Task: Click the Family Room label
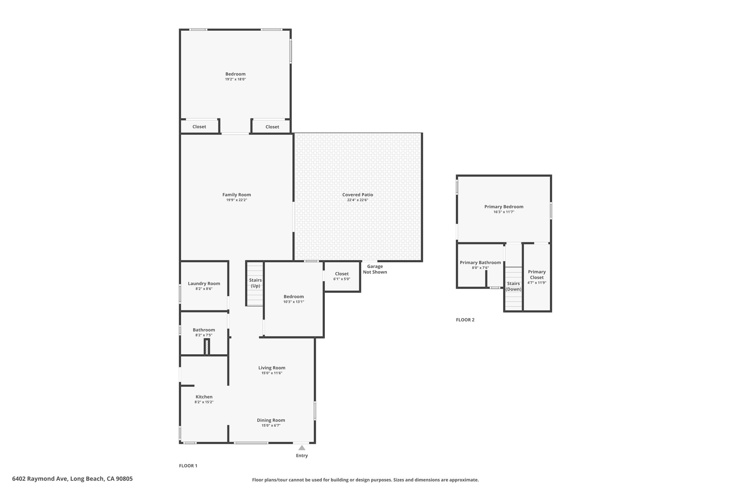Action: (x=237, y=195)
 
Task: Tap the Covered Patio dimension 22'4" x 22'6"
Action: (x=358, y=200)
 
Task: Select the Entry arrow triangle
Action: (x=302, y=448)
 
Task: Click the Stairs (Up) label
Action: (x=256, y=283)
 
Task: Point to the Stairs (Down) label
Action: (x=514, y=286)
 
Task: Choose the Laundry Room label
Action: (x=204, y=284)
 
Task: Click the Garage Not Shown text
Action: (x=375, y=269)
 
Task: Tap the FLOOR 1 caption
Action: (x=188, y=466)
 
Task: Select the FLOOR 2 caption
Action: (x=465, y=320)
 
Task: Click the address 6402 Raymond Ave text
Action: (x=40, y=479)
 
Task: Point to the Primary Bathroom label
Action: (x=480, y=263)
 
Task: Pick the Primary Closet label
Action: (x=537, y=275)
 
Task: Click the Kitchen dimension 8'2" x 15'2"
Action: (x=204, y=402)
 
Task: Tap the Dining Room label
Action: (x=271, y=420)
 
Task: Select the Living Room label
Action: (x=272, y=368)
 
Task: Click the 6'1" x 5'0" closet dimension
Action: (x=342, y=279)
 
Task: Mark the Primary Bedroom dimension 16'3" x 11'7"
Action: (x=504, y=212)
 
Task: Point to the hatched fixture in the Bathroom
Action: (x=207, y=347)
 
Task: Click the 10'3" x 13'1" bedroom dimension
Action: (x=294, y=302)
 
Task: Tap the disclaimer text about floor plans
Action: (x=365, y=480)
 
